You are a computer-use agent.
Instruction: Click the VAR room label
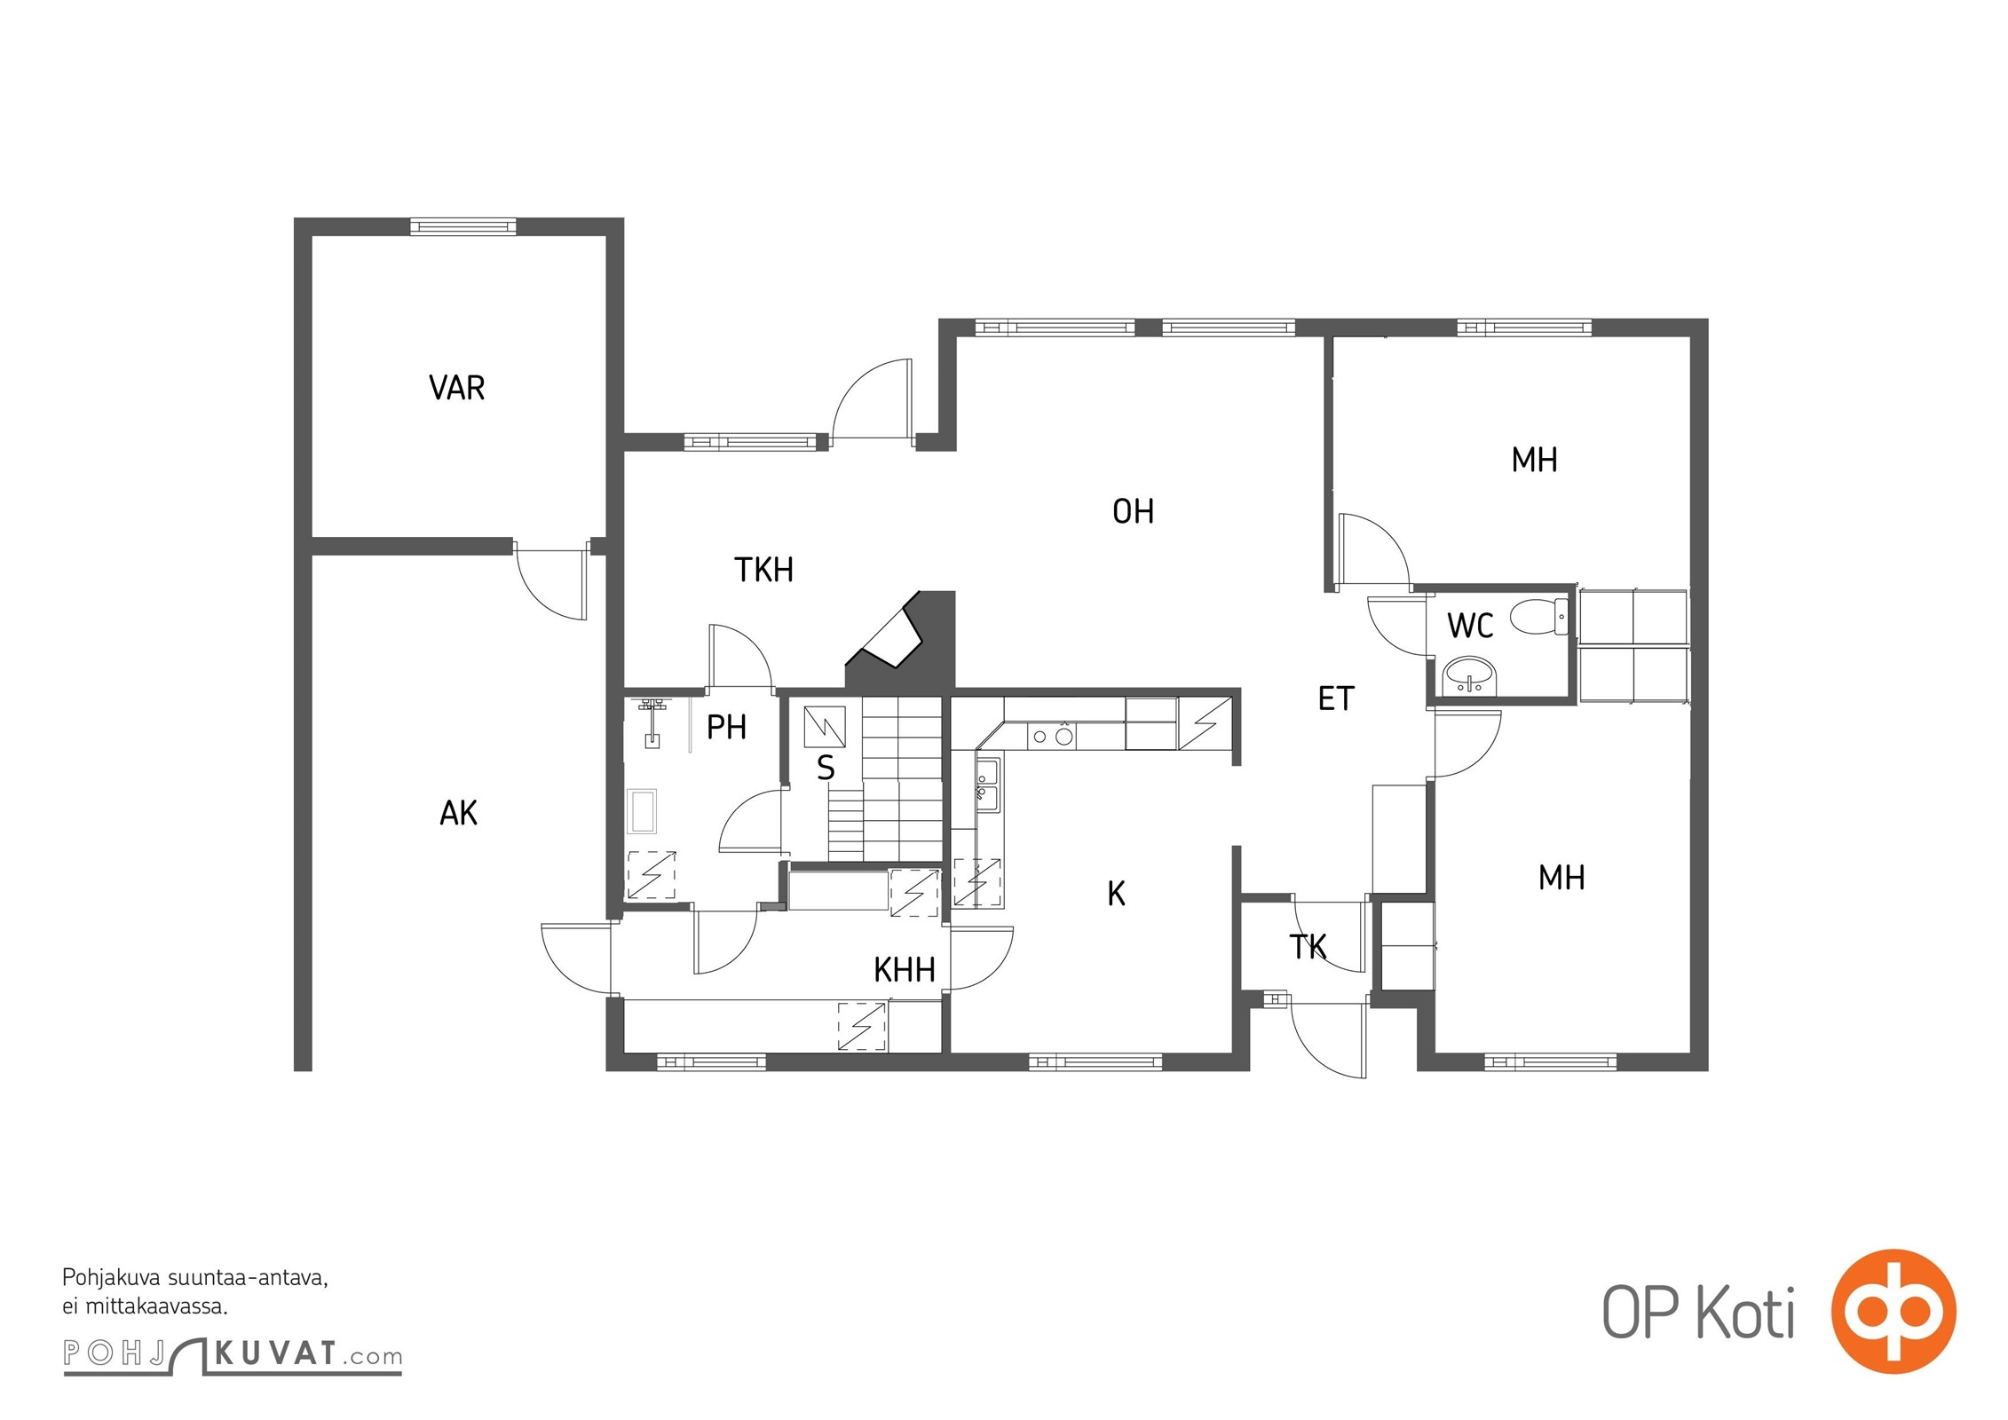[456, 388]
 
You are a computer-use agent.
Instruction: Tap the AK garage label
[458, 812]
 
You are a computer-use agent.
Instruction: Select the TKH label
[763, 570]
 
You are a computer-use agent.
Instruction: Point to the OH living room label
[1133, 511]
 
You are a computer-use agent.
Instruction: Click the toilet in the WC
[1539, 616]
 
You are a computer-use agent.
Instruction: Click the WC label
[1470, 626]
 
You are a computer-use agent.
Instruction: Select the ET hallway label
[1336, 699]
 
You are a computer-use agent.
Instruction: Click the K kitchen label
[1116, 894]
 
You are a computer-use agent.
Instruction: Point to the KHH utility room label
[905, 970]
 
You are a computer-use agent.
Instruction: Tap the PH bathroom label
[726, 728]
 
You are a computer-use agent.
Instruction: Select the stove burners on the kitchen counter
[1052, 736]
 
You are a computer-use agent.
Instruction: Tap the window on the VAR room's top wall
[462, 226]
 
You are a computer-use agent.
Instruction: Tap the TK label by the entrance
[1308, 947]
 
